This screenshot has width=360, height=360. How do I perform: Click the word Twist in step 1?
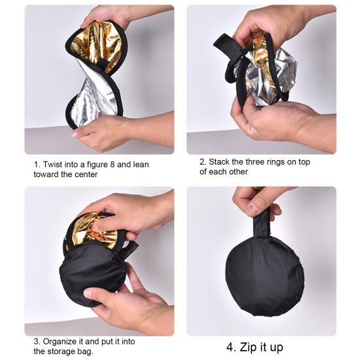[55, 165]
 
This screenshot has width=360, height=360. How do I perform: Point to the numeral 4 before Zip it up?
[231, 347]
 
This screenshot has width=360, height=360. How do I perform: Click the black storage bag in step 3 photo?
[91, 274]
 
